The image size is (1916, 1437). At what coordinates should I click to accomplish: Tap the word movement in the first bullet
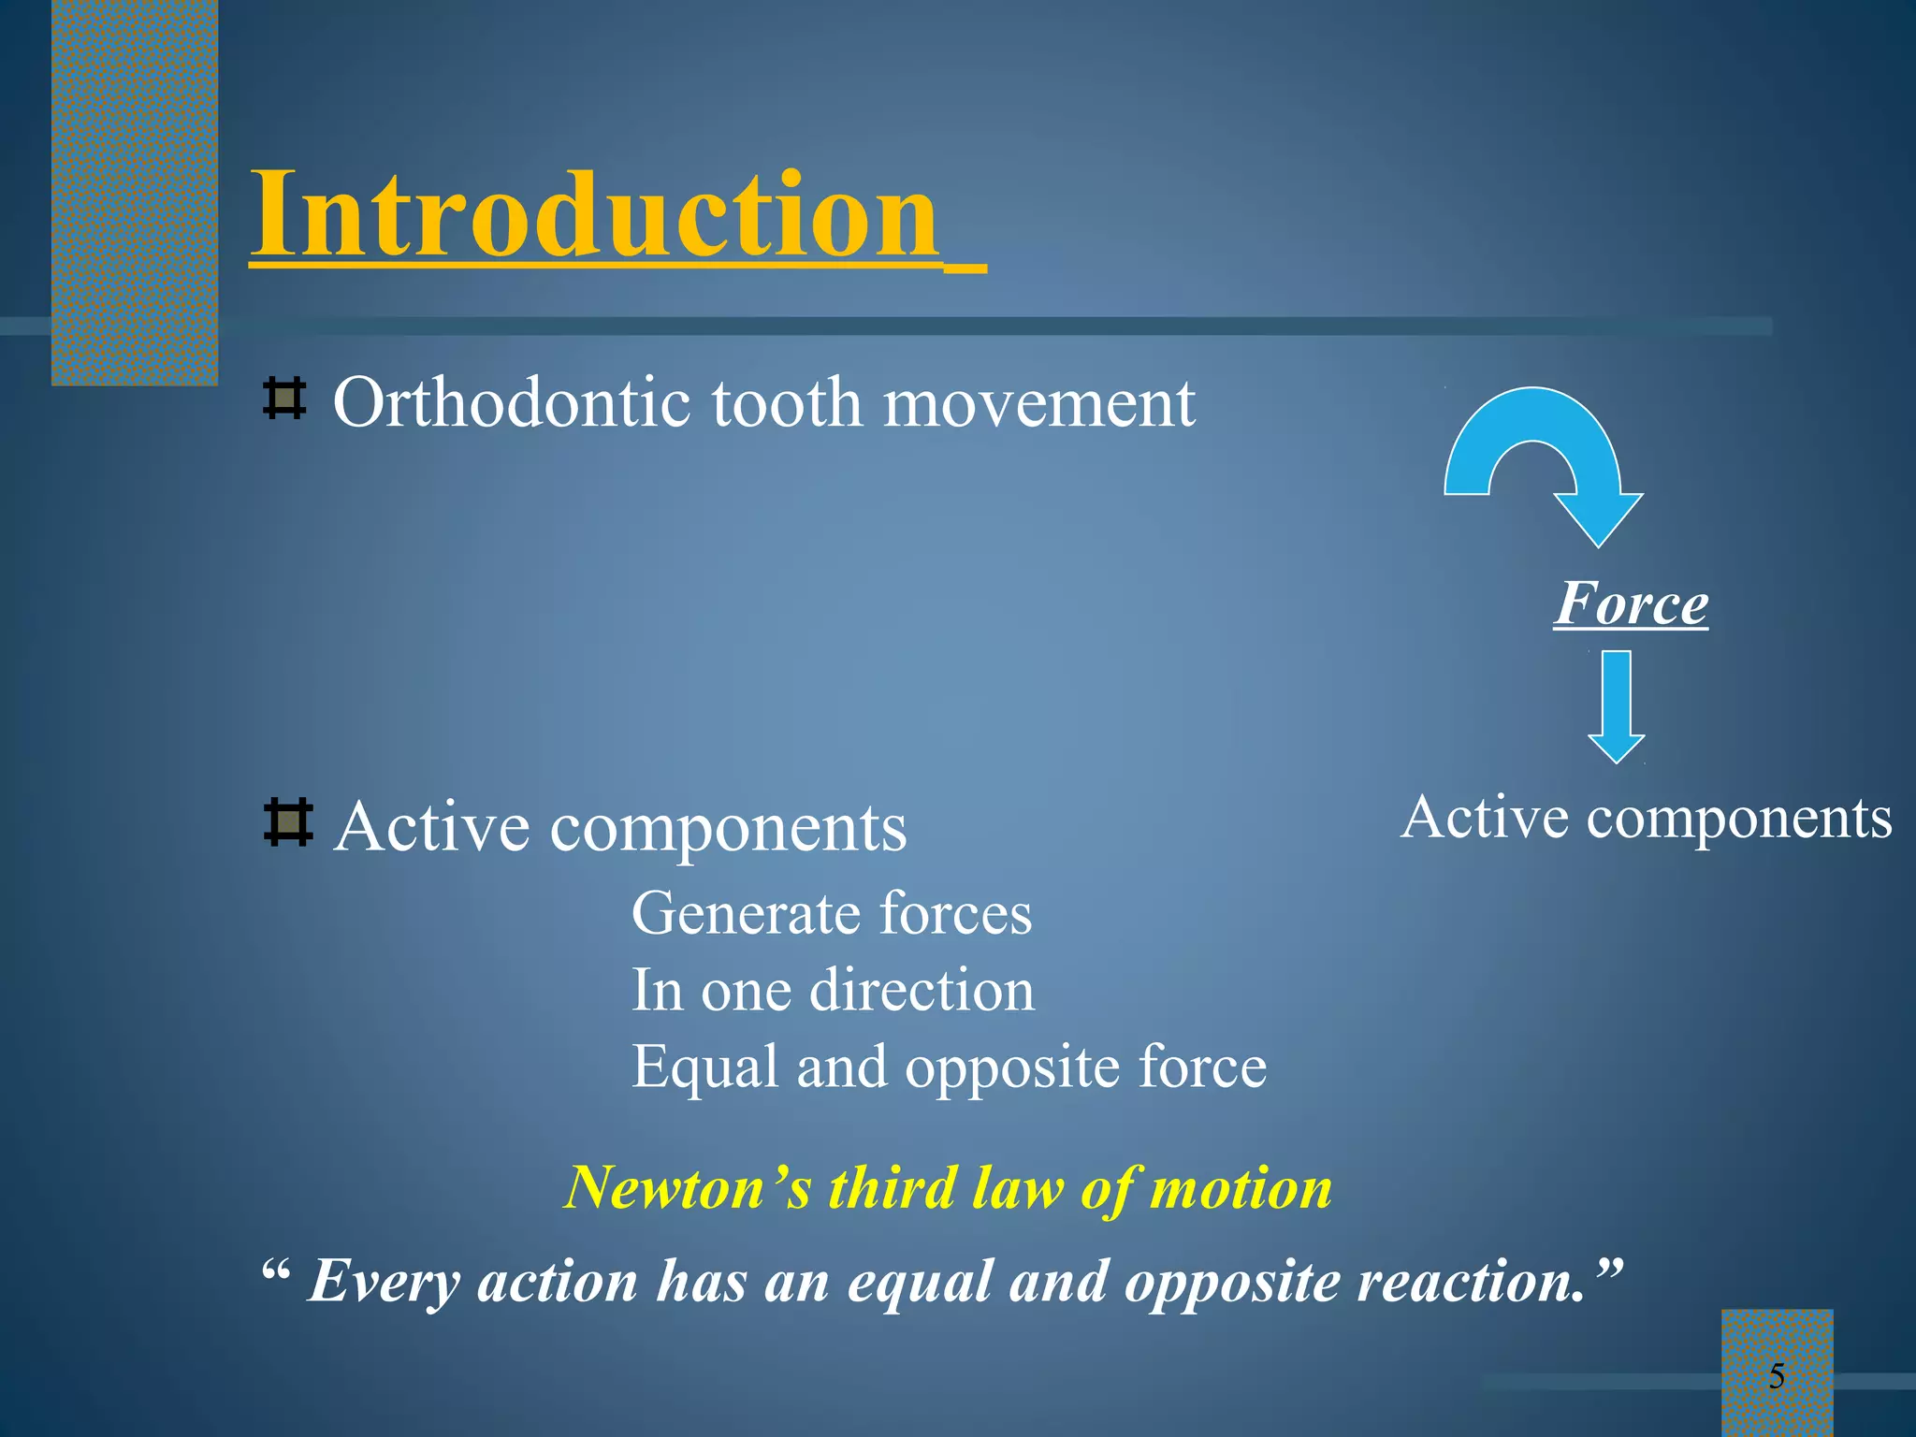(x=1038, y=404)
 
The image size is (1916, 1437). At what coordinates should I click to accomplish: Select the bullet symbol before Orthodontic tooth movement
(x=284, y=399)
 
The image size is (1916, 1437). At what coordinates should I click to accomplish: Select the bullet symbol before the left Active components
(x=286, y=822)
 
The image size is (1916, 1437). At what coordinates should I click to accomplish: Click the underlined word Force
(x=1631, y=603)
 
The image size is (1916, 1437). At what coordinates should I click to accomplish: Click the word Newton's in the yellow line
(x=688, y=1188)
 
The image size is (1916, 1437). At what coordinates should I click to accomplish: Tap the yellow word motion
(x=1241, y=1188)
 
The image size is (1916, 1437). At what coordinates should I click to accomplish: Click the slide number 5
(x=1777, y=1376)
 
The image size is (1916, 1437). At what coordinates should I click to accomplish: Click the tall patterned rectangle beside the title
(x=134, y=192)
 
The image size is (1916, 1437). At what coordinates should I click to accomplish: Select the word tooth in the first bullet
(x=786, y=403)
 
